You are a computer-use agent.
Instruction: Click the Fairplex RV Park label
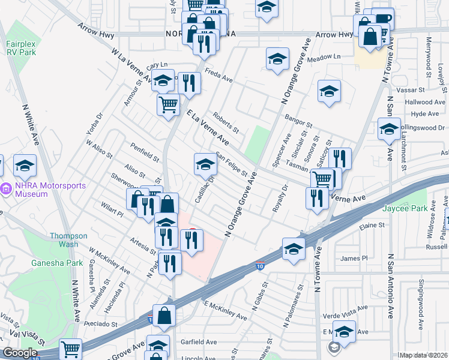click(21, 47)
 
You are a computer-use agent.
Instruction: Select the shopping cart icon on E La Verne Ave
click(323, 178)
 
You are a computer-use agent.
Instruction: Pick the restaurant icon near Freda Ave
click(190, 83)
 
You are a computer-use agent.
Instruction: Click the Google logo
click(20, 353)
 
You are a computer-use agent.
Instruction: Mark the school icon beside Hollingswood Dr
click(389, 128)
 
